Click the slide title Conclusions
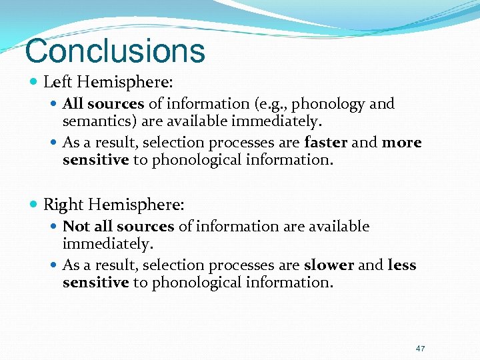[x=115, y=51]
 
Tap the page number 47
[x=420, y=349]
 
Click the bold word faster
[x=326, y=143]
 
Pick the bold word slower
[x=329, y=265]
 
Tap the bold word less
[x=402, y=265]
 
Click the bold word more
[x=402, y=143]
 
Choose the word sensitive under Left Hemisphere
[x=95, y=161]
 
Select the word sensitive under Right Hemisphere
[x=95, y=283]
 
